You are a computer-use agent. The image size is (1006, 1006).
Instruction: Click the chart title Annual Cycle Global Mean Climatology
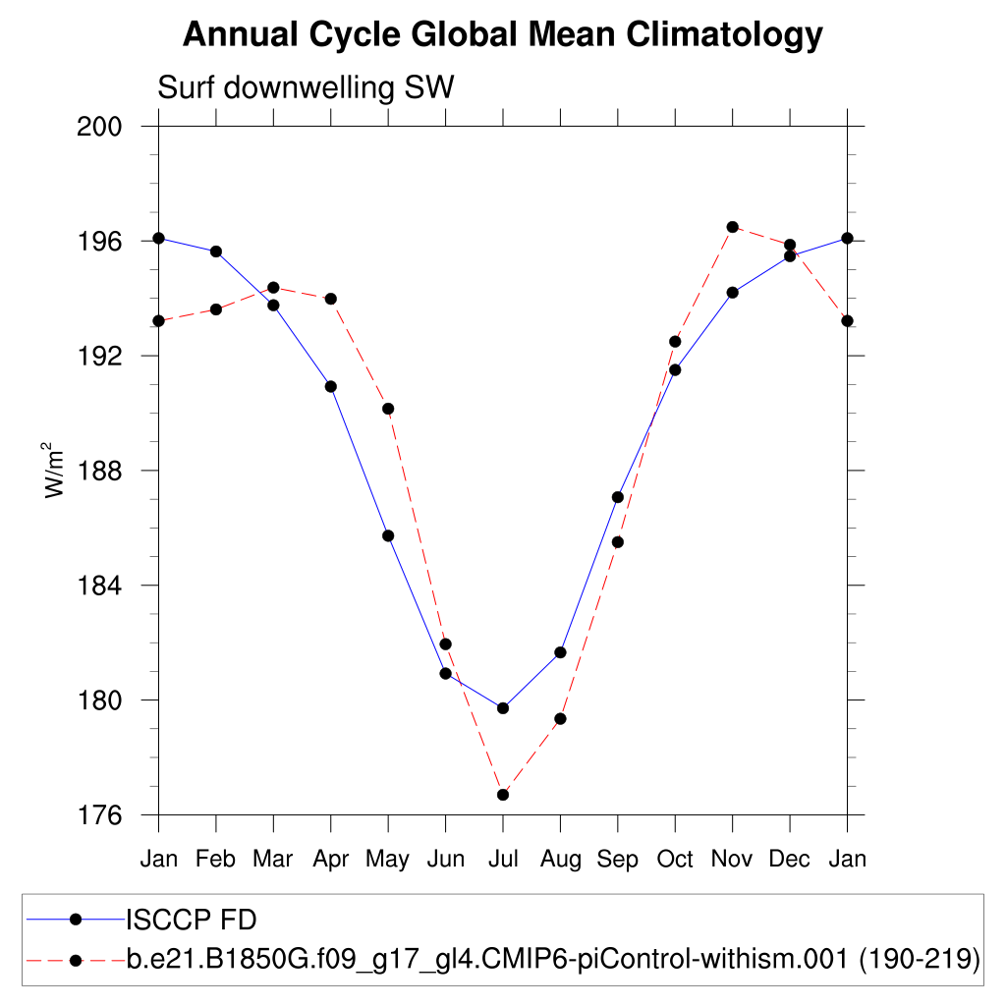[502, 35]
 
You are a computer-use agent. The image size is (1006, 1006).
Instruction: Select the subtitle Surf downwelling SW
[306, 88]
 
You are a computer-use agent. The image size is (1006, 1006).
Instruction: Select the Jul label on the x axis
[503, 860]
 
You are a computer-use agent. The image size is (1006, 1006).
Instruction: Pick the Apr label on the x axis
[330, 860]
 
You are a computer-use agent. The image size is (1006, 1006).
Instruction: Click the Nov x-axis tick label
[732, 860]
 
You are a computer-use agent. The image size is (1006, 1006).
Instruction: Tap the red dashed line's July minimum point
[503, 795]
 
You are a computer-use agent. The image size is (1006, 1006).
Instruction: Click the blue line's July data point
[503, 708]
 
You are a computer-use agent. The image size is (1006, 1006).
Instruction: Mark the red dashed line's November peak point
[732, 227]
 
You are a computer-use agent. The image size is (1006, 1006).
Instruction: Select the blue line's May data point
[388, 535]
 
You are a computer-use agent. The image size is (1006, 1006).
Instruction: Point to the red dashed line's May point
[388, 409]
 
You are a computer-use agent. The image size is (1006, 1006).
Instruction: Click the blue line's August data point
[560, 652]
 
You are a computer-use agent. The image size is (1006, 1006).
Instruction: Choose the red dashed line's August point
[560, 719]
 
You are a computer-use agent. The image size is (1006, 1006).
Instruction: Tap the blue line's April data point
[331, 386]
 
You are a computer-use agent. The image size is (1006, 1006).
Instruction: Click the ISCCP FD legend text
[192, 921]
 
